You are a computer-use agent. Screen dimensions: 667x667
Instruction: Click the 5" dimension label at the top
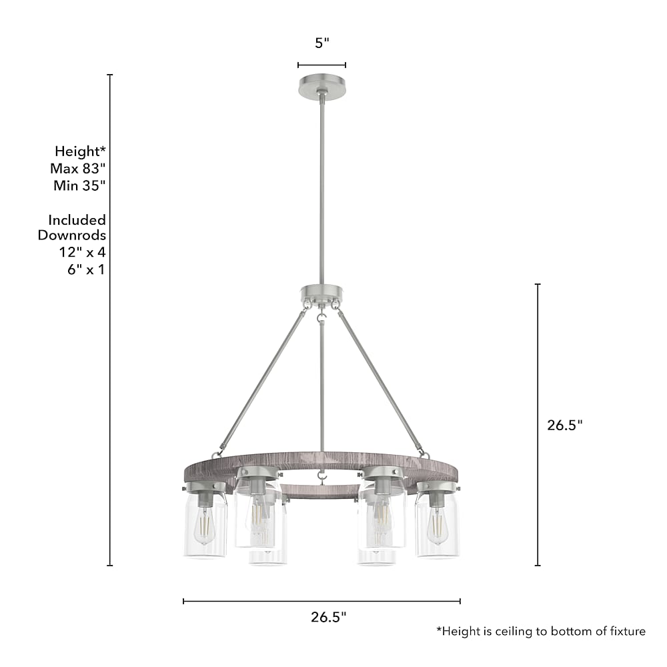[x=322, y=43]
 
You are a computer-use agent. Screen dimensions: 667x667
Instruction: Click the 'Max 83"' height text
[x=78, y=169]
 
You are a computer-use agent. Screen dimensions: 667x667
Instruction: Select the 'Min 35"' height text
[x=79, y=185]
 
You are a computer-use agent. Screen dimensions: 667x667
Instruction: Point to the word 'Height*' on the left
[x=81, y=151]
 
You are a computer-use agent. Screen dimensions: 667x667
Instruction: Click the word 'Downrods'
[x=72, y=235]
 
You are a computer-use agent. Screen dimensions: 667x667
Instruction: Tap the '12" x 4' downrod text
[x=82, y=252]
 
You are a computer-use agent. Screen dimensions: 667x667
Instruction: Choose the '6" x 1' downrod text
[x=86, y=269]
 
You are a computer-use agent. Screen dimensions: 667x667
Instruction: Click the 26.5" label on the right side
[x=564, y=425]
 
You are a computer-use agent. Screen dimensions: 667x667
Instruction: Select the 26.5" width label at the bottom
[x=328, y=617]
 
